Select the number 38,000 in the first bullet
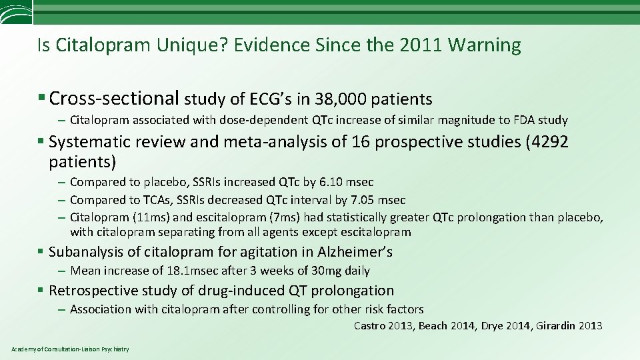point(340,99)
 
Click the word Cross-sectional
point(114,99)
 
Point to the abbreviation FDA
point(523,121)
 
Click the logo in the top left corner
point(15,11)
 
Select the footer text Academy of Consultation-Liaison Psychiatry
point(71,349)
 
